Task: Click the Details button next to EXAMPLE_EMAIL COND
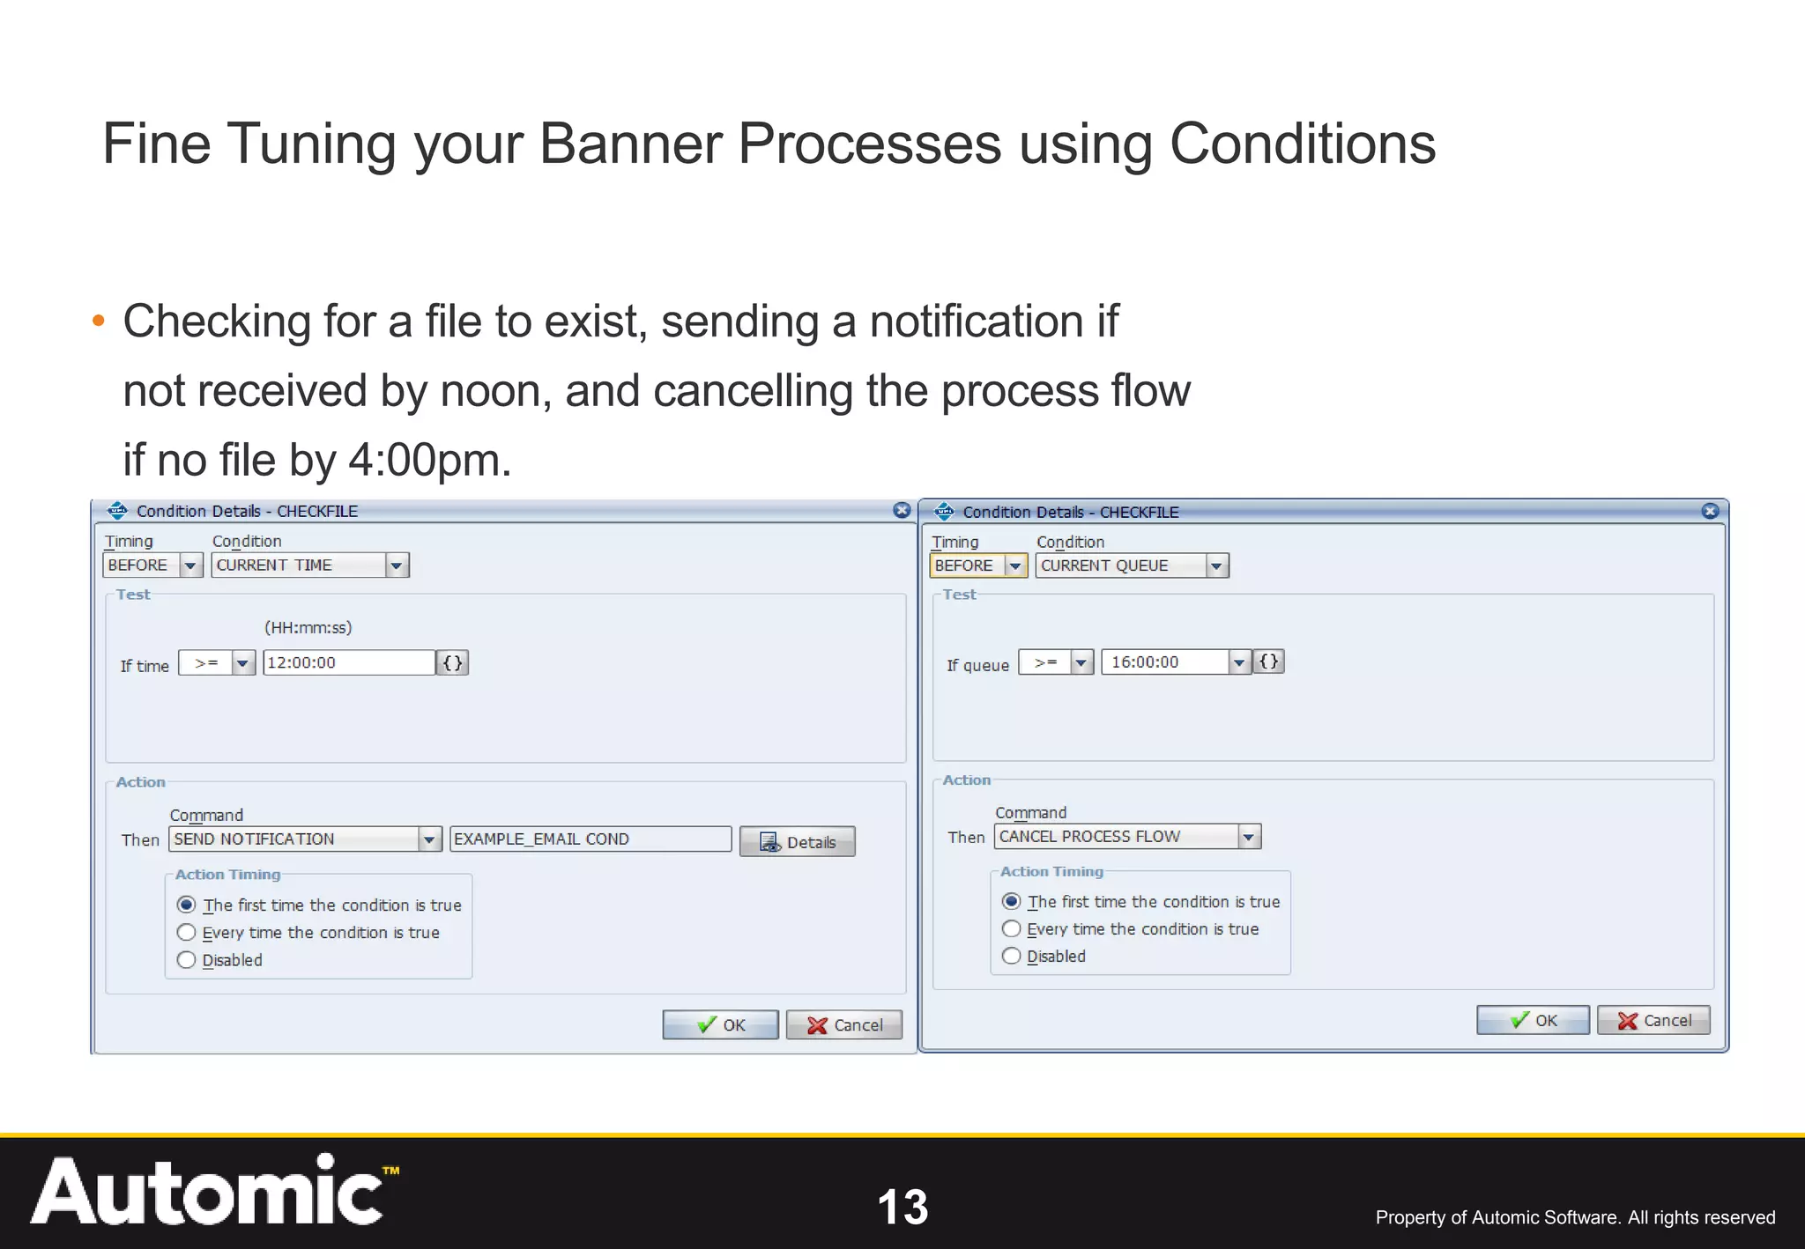797,842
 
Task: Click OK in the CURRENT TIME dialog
720,1024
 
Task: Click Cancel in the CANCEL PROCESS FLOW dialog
1653,1020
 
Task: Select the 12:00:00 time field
348,662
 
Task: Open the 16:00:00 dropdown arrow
1239,662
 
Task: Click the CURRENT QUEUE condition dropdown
1131,565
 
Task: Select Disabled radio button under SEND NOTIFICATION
186,960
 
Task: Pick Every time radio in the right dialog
1012,929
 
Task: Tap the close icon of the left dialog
902,511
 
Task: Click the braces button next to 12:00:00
452,662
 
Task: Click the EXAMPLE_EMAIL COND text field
590,839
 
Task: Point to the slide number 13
902,1207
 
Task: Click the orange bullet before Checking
99,321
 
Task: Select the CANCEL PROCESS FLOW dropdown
1126,837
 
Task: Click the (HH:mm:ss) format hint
308,628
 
